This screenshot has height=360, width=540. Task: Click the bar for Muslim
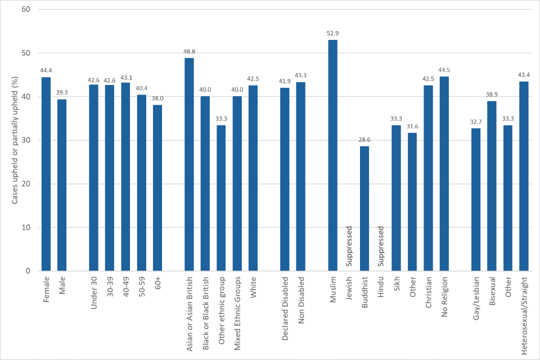(333, 155)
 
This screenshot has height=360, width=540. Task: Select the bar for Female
(46, 174)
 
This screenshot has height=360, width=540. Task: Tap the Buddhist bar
(364, 208)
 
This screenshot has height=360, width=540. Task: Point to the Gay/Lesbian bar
(476, 199)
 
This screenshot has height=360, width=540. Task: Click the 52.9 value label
(333, 34)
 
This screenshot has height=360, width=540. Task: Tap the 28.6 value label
(364, 140)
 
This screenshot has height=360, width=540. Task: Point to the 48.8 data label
(189, 52)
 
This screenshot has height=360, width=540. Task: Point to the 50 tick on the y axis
(26, 53)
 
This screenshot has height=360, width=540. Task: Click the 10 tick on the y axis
(26, 228)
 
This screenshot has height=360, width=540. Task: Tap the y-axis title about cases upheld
(15, 141)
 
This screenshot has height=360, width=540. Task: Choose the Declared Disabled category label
(285, 308)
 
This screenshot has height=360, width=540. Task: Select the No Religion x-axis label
(444, 297)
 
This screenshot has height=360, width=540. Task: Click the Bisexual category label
(492, 291)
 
